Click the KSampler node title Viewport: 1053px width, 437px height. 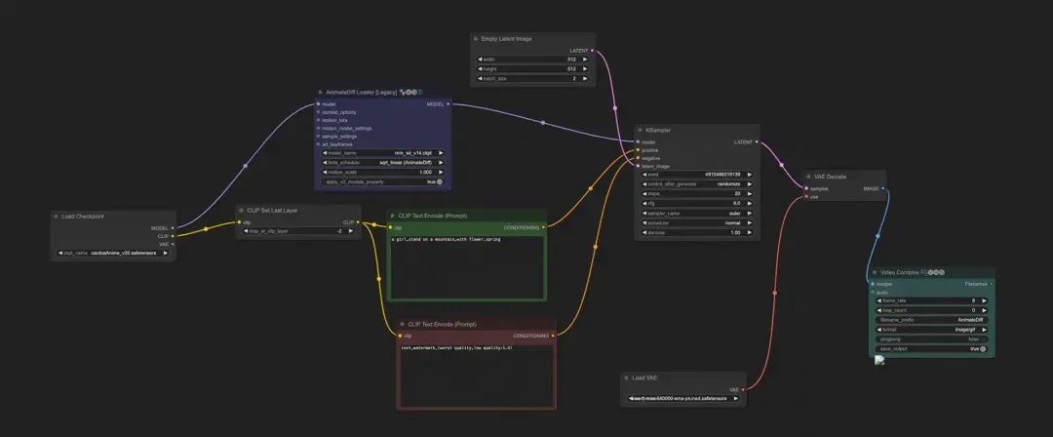click(x=658, y=130)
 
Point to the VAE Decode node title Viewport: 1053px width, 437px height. click(x=826, y=177)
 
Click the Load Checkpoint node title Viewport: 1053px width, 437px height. click(x=83, y=216)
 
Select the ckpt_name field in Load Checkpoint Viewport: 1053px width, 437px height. click(x=112, y=253)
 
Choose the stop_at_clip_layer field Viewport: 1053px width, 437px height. click(x=298, y=231)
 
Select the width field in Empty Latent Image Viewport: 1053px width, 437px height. click(x=533, y=59)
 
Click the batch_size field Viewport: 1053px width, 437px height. click(x=533, y=78)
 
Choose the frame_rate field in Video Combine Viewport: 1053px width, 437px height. click(x=932, y=300)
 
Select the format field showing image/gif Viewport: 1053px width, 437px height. click(x=932, y=329)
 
